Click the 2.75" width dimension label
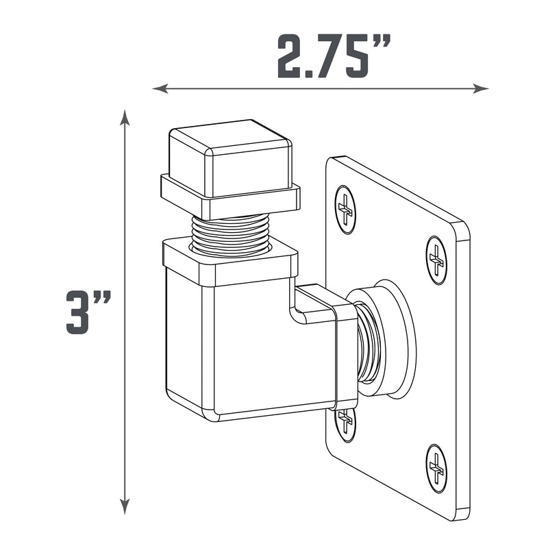334,56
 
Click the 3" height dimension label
88,312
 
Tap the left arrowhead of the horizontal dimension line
160,88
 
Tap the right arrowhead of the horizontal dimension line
481,88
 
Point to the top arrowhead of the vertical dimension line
125,117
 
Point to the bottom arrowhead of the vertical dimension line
125,506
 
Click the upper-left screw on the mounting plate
345,210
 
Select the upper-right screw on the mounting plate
436,260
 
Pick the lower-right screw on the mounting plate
436,469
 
